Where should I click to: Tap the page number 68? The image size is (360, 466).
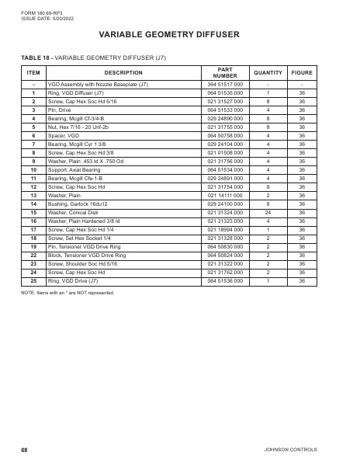pyautogui.click(x=25, y=450)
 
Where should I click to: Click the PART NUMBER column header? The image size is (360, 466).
pyautogui.click(x=225, y=71)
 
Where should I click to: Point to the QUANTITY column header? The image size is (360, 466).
pyautogui.click(x=268, y=71)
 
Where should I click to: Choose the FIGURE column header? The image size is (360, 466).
pyautogui.click(x=302, y=71)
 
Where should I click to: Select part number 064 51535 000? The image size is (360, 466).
pyautogui.click(x=225, y=92)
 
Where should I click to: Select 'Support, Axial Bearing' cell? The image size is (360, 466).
pyautogui.click(x=77, y=169)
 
